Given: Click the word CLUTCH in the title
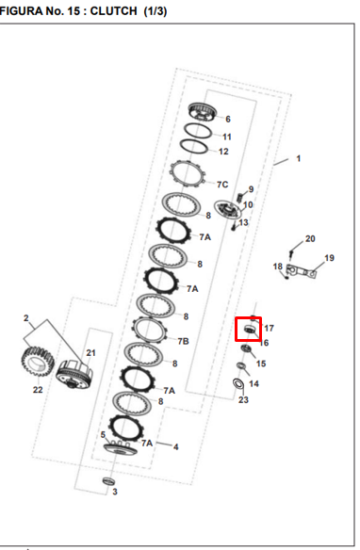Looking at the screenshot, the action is pyautogui.click(x=113, y=11).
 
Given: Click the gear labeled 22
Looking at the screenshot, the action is pyautogui.click(x=37, y=362).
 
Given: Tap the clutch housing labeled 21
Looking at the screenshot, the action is pyautogui.click(x=74, y=375).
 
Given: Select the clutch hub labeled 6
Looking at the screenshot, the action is pyautogui.click(x=203, y=112).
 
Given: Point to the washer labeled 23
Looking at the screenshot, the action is pyautogui.click(x=239, y=383).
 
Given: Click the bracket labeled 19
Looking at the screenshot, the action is pyautogui.click(x=302, y=271).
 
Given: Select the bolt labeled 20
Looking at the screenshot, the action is pyautogui.click(x=291, y=254).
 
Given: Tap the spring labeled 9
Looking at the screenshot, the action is pyautogui.click(x=240, y=198).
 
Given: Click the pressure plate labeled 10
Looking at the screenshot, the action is pyautogui.click(x=228, y=210).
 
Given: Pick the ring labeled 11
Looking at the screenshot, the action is pyautogui.click(x=198, y=131).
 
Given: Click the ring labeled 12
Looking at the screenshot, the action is pyautogui.click(x=194, y=146).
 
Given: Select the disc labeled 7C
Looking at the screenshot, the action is pyautogui.click(x=187, y=174).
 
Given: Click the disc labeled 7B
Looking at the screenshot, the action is pyautogui.click(x=150, y=330).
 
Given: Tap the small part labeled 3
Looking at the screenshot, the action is pyautogui.click(x=108, y=480).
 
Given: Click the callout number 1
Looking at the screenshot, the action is pyautogui.click(x=298, y=158).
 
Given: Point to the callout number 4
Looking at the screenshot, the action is pyautogui.click(x=176, y=446).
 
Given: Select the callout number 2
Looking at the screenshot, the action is pyautogui.click(x=26, y=318).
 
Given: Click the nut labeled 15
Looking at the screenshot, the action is pyautogui.click(x=246, y=348).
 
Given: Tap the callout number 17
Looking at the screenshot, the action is pyautogui.click(x=269, y=328).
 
